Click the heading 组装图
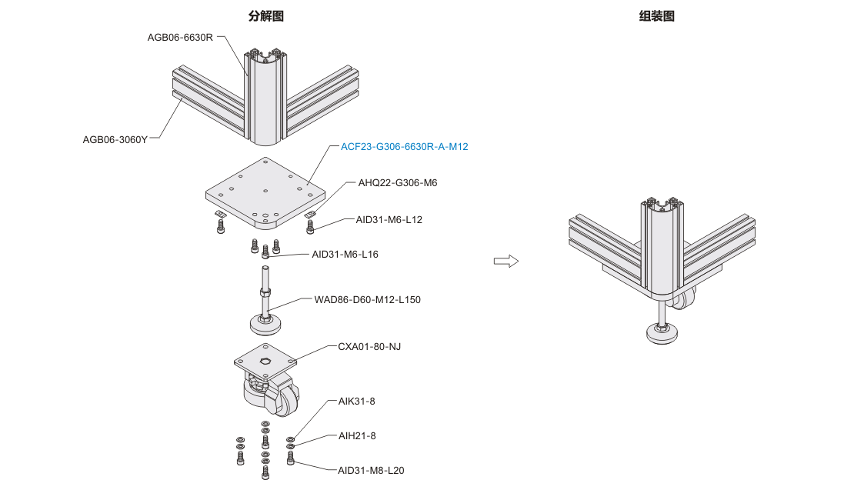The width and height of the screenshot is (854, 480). pyautogui.click(x=656, y=16)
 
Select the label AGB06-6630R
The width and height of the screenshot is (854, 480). pyautogui.click(x=180, y=37)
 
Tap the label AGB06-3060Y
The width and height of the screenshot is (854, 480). pyautogui.click(x=115, y=139)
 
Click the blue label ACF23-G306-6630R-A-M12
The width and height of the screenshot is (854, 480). pyautogui.click(x=404, y=146)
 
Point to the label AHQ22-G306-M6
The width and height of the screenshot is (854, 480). pyautogui.click(x=398, y=183)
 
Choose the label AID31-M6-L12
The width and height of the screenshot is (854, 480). pyautogui.click(x=389, y=219)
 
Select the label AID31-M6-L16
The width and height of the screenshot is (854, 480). pyautogui.click(x=345, y=254)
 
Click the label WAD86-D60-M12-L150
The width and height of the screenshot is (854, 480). pyautogui.click(x=368, y=299)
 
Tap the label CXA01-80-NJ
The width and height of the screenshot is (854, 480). pyautogui.click(x=369, y=347)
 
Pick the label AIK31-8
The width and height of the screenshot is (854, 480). pyautogui.click(x=357, y=401)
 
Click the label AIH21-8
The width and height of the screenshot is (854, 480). pyautogui.click(x=357, y=435)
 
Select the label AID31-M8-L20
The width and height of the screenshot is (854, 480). pyautogui.click(x=371, y=470)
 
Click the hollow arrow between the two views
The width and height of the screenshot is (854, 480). pyautogui.click(x=505, y=262)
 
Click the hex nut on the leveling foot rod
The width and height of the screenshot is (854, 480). pyautogui.click(x=265, y=292)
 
